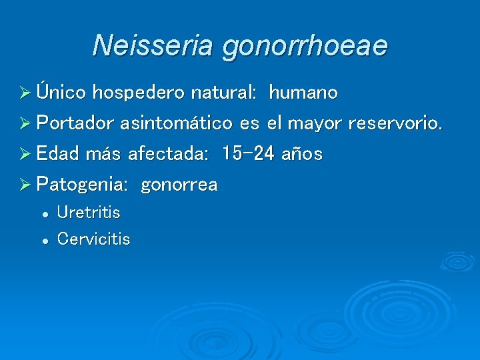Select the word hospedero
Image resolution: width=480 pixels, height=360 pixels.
[x=141, y=93]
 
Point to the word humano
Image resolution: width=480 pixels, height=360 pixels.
[x=303, y=92]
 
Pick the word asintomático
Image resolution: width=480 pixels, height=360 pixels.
[x=177, y=123]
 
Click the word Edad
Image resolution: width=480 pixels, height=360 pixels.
[x=58, y=154]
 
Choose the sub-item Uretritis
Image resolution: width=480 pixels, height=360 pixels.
[x=89, y=213]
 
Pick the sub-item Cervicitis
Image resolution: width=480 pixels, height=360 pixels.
[x=93, y=238]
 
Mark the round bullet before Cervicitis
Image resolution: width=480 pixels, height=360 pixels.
[x=44, y=239]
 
